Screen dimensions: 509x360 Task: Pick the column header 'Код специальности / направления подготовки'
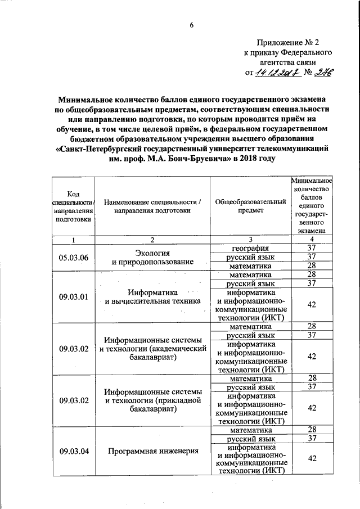point(73,206)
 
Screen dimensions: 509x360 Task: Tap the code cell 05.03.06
point(73,257)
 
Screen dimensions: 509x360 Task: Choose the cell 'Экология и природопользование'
point(152,257)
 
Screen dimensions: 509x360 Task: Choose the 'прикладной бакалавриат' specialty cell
point(152,400)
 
